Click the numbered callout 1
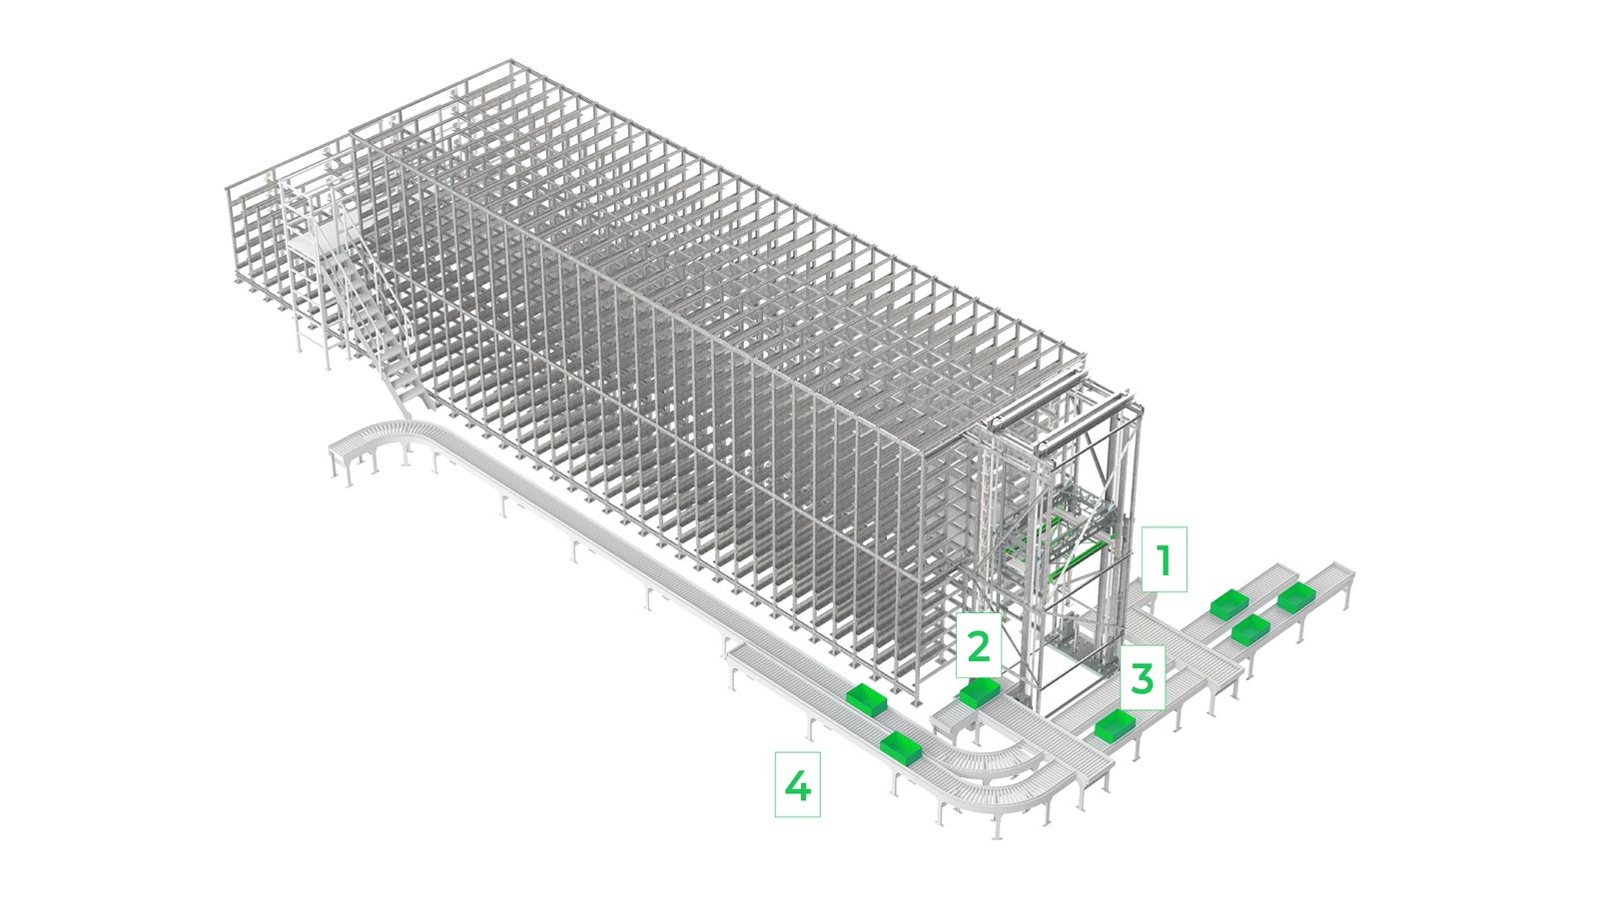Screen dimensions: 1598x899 click(x=1165, y=559)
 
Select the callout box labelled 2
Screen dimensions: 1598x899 click(x=978, y=644)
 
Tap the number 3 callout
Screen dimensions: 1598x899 click(x=1143, y=678)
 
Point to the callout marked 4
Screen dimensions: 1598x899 click(x=798, y=784)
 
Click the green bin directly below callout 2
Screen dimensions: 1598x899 click(x=980, y=693)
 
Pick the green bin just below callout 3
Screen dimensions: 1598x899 click(x=1115, y=725)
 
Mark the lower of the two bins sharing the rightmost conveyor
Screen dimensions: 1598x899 click(x=1250, y=630)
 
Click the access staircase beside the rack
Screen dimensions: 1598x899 click(x=379, y=314)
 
